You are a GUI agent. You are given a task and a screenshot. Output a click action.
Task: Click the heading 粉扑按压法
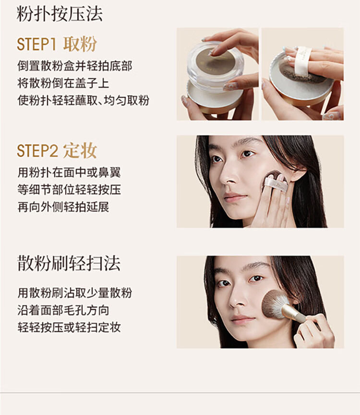point(60,14)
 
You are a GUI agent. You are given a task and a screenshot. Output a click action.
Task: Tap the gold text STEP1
point(36,44)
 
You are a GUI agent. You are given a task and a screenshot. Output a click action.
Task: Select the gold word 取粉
point(80,44)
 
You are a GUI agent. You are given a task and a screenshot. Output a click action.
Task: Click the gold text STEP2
point(37,151)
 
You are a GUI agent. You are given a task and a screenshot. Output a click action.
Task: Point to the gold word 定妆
point(80,151)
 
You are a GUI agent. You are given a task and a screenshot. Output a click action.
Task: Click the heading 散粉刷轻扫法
point(69,263)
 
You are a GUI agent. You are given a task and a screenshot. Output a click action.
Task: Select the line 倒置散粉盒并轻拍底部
point(74,66)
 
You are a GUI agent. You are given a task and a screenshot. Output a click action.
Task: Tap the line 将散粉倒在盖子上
point(63,83)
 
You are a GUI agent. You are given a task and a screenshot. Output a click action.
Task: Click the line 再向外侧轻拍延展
point(63,207)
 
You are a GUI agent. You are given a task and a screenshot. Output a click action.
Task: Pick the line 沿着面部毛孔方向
point(63,310)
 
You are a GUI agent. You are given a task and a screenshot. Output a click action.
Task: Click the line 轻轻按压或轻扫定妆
point(69,327)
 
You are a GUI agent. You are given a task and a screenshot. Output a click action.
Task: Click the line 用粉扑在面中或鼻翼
point(69,172)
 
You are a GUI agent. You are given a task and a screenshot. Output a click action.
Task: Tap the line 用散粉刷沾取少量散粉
point(74,293)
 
